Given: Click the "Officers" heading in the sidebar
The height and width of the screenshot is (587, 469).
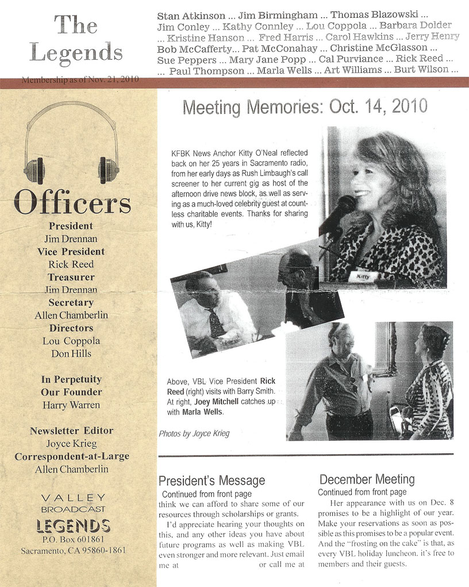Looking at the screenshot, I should [72, 202].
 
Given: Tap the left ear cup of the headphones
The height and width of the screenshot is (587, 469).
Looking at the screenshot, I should [33, 170].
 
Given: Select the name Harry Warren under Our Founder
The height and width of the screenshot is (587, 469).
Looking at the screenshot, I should [71, 405].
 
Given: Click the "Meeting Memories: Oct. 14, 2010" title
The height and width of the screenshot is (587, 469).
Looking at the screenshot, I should [305, 106].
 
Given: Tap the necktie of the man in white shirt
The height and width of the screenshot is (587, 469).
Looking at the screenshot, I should [216, 323].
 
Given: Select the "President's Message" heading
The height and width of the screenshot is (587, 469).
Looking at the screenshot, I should [212, 481].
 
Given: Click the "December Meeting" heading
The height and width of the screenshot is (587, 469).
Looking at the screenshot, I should [367, 479].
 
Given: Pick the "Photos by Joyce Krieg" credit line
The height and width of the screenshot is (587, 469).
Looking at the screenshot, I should [194, 434].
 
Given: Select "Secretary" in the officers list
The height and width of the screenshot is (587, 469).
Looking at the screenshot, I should [71, 302].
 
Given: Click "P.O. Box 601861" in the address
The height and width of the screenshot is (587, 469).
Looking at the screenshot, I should [73, 539].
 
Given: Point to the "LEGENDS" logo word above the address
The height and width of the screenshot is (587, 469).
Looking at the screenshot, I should [73, 525].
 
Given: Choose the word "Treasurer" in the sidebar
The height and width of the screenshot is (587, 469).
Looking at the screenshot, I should [71, 277].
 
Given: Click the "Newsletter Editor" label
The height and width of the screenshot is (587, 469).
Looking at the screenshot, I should [71, 430].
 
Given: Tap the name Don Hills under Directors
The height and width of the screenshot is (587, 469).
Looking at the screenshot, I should [71, 353].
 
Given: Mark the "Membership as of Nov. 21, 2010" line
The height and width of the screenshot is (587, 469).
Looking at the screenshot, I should [80, 80].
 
